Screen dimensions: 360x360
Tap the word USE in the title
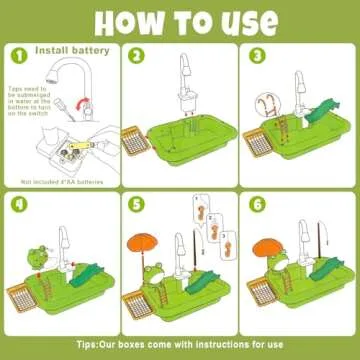pos(241,19)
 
